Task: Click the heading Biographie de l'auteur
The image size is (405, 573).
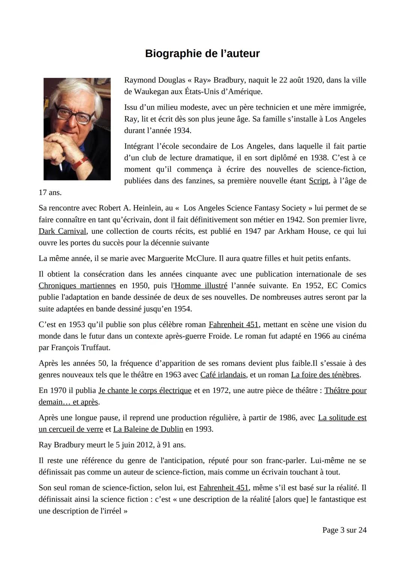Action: click(x=202, y=54)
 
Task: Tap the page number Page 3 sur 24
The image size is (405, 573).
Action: click(x=344, y=530)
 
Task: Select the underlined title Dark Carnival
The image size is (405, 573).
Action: click(x=62, y=231)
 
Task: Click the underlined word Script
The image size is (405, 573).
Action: click(x=318, y=181)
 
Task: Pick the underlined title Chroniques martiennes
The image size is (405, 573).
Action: click(x=77, y=286)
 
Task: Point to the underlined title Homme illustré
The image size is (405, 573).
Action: click(x=201, y=286)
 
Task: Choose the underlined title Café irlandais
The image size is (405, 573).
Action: click(x=223, y=375)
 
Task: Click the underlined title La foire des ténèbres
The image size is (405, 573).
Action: click(x=325, y=375)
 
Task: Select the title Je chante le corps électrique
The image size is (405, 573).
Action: click(x=145, y=390)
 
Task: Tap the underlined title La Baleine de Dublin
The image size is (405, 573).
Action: click(x=148, y=429)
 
